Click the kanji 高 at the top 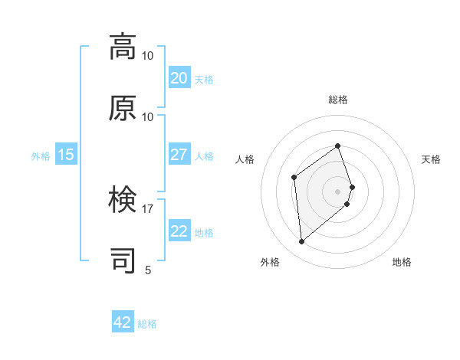pos(123,47)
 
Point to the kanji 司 pos(123,260)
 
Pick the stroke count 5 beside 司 pos(148,270)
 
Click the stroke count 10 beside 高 pos(148,56)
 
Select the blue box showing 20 pos(179,78)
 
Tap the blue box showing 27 pos(179,155)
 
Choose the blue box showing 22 pos(179,231)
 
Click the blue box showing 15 pos(66,155)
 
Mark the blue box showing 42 pos(123,322)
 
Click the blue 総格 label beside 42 pos(147,324)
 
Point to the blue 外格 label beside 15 pos(41,155)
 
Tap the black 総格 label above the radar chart pos(338,100)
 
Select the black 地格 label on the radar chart pos(402,262)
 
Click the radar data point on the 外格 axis pos(302,242)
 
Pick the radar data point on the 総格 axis pos(337,146)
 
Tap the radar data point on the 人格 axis pos(294,178)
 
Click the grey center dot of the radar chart pos(337,191)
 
